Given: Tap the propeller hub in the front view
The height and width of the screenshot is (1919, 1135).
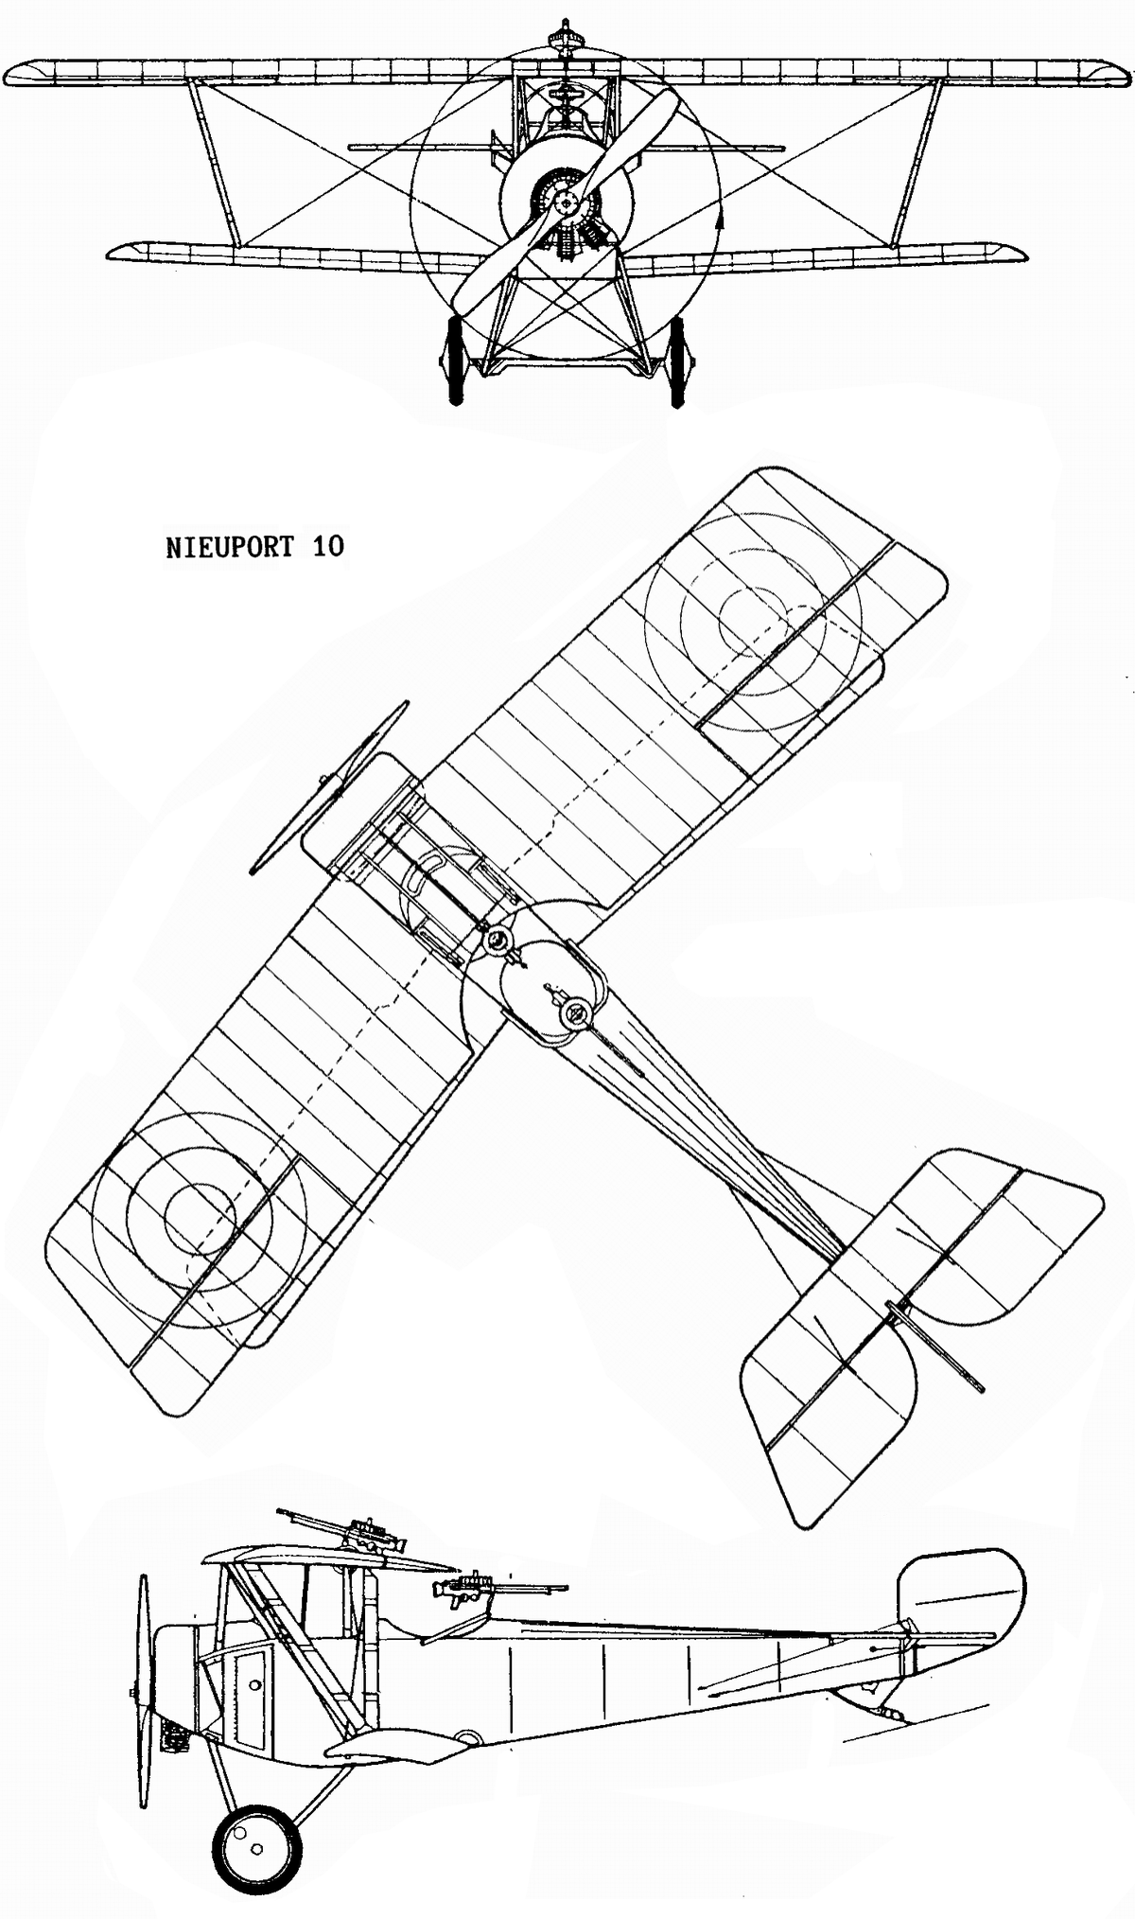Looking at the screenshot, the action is coord(566,201).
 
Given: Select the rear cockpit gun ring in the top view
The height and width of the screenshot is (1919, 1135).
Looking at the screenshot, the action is coord(573,1014).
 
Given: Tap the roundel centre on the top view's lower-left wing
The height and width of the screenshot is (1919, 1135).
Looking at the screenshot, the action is coord(200,1218).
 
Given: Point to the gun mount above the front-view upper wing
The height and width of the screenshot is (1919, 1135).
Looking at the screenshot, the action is coord(562,41).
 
